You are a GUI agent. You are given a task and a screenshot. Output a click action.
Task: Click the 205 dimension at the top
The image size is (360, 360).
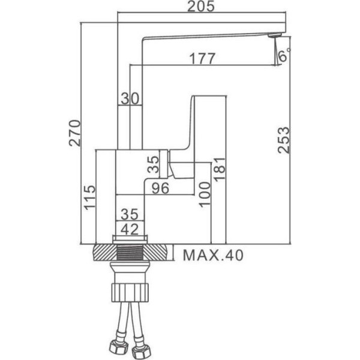pos(201,6)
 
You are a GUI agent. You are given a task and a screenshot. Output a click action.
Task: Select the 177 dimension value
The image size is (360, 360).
pos(202,59)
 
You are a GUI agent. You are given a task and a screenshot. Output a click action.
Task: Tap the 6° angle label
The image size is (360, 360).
pos(284,55)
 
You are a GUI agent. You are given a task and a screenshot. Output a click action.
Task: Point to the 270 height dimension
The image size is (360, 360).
pos(75,133)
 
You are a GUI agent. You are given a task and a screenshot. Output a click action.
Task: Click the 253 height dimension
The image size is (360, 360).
pos(283,140)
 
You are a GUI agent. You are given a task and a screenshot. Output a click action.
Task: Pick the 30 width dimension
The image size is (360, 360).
pos(130,98)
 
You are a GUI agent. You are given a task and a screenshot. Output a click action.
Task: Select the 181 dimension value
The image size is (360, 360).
pos(219,169)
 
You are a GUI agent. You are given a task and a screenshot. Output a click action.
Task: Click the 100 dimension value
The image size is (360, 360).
pos(204,194)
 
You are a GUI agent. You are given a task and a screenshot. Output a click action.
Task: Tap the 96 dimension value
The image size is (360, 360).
pos(160,188)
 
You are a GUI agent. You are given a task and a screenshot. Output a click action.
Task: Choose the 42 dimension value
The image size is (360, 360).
pos(130,229)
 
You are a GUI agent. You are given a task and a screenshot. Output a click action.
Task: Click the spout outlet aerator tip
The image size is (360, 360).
pos(275,35)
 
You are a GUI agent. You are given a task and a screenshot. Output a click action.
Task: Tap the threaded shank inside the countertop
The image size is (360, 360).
pos(130,253)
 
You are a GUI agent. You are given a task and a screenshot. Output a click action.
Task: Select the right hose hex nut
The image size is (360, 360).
pos(141,350)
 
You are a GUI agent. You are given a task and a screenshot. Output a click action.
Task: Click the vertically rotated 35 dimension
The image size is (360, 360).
pos(153,164)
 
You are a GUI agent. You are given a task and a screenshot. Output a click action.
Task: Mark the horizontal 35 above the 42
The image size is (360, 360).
pos(130,214)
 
